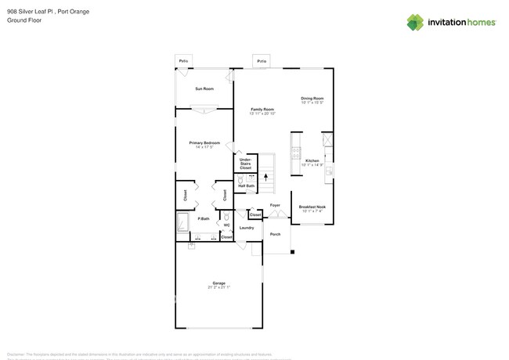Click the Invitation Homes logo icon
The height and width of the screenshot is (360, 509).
pyautogui.click(x=415, y=22)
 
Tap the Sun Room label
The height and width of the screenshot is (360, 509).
pyautogui.click(x=204, y=88)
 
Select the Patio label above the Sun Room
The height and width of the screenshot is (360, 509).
pyautogui.click(x=183, y=60)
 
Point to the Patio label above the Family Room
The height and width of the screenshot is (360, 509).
pyautogui.click(x=262, y=60)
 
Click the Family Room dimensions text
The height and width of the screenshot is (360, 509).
pyautogui.click(x=262, y=113)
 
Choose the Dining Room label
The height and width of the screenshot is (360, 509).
pyautogui.click(x=312, y=98)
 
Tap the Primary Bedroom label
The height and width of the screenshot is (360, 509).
pyautogui.click(x=204, y=142)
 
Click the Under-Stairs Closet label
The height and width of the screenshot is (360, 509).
pyautogui.click(x=245, y=164)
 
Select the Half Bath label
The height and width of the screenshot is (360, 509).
pyautogui.click(x=245, y=185)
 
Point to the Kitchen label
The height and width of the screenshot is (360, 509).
pyautogui.click(x=312, y=160)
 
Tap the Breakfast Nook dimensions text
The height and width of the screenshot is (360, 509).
pyautogui.click(x=312, y=211)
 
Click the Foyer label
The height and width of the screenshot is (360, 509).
pyautogui.click(x=275, y=205)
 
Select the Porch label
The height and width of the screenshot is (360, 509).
pyautogui.click(x=275, y=234)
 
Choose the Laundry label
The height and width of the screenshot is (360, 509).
pyautogui.click(x=246, y=228)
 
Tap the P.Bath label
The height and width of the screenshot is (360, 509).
pyautogui.click(x=203, y=218)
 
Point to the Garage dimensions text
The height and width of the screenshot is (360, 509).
pyautogui.click(x=218, y=287)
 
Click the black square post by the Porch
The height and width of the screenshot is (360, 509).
pyautogui.click(x=292, y=252)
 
